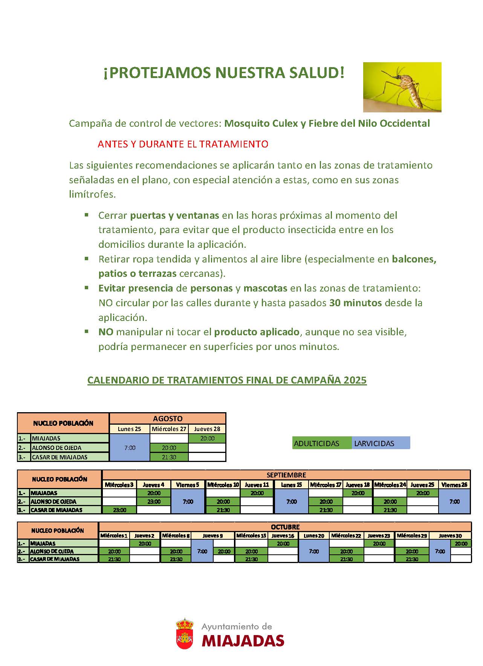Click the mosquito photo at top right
point(402,87)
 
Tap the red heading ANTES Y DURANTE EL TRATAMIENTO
point(183,144)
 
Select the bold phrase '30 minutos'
point(355,303)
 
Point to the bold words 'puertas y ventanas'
point(174,215)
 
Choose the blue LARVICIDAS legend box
point(381,443)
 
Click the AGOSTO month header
point(168,419)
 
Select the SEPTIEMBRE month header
point(286,475)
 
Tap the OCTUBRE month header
point(285,527)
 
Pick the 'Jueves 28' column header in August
point(207,429)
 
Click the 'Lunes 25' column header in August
point(129,429)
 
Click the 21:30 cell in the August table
point(169,457)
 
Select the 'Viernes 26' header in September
point(454,485)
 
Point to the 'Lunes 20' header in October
point(314,536)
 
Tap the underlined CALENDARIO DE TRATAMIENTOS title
point(227,380)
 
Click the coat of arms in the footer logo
point(185,634)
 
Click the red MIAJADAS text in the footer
point(243,640)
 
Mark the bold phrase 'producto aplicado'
point(257,332)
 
